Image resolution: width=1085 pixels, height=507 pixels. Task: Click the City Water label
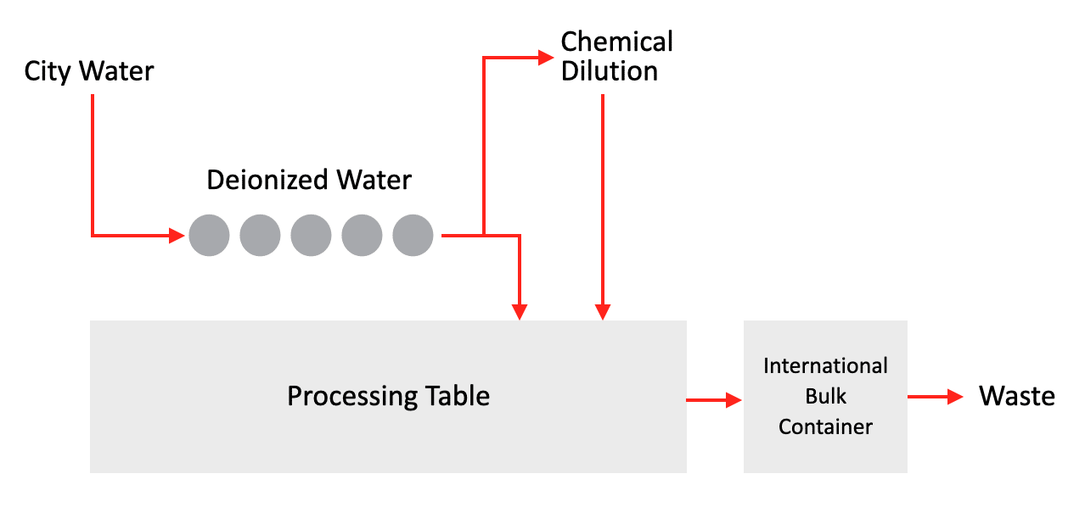[89, 71]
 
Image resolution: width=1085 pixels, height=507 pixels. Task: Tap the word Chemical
[617, 42]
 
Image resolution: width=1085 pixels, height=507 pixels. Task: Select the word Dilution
[610, 71]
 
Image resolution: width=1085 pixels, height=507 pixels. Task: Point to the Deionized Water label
[309, 180]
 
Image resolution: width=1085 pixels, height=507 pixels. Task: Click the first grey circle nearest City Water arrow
[209, 235]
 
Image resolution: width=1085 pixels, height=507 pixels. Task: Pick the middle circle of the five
[311, 235]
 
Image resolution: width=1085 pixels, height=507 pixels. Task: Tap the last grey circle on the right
[413, 235]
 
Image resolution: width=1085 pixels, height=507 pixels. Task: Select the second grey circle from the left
[260, 235]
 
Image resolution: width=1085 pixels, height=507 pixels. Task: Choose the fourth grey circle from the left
[362, 235]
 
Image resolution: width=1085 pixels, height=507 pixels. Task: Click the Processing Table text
[388, 396]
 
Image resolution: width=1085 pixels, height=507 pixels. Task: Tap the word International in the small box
[825, 366]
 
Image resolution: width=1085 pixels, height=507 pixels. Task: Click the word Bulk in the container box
[825, 396]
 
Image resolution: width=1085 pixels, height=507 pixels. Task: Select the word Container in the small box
[825, 426]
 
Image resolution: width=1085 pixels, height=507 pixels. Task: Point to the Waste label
[1016, 396]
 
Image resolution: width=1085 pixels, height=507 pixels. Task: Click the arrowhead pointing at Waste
[955, 396]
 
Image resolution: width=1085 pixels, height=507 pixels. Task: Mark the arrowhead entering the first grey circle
[177, 235]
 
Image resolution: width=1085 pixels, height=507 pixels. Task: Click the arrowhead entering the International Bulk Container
[734, 399]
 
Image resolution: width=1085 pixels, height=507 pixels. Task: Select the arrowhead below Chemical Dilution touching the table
[602, 311]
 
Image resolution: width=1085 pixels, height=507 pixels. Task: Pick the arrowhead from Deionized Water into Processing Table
[520, 311]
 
